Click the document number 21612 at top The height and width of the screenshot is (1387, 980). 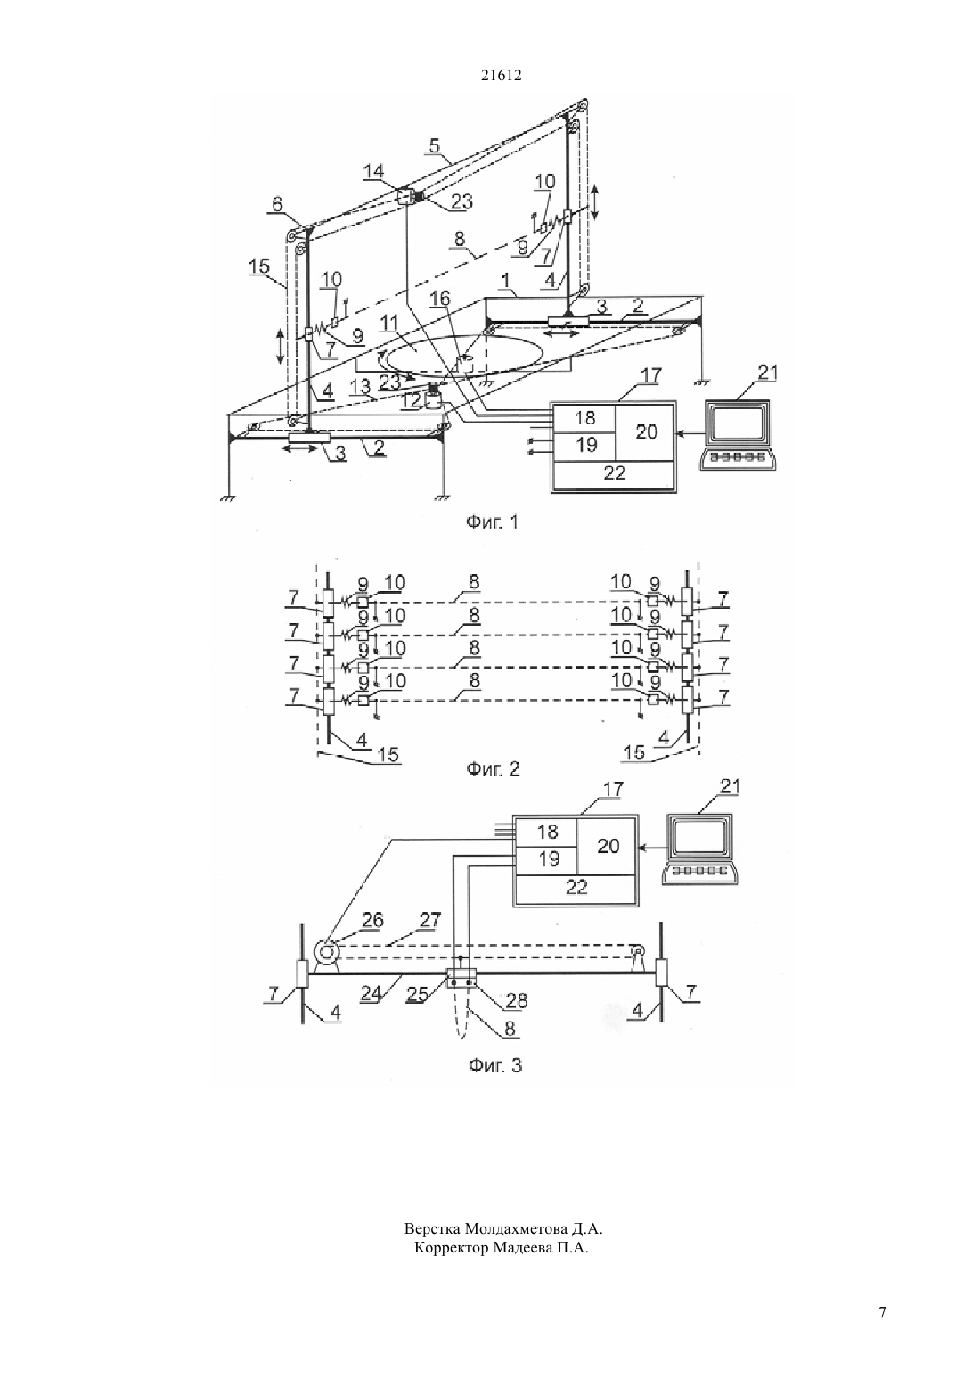click(x=501, y=76)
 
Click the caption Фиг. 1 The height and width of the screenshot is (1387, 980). click(x=492, y=523)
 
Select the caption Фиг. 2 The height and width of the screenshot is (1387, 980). click(x=493, y=769)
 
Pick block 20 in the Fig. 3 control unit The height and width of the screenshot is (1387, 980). click(x=608, y=847)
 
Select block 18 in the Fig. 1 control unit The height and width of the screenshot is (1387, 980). click(x=584, y=418)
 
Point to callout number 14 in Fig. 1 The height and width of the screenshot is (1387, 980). click(x=373, y=171)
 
